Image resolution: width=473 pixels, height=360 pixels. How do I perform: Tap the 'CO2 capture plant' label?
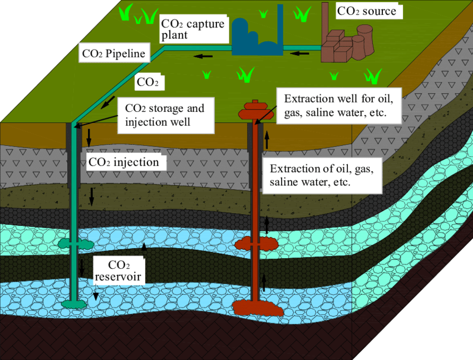(x=193, y=29)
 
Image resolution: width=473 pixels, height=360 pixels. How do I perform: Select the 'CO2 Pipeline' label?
(x=114, y=53)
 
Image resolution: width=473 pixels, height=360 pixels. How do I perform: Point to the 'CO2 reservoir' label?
(x=119, y=271)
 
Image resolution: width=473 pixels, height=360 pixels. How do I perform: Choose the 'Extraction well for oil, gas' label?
(x=339, y=106)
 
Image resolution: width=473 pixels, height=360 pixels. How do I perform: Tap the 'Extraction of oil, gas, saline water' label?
(x=322, y=175)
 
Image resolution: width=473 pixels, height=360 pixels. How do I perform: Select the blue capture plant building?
(x=258, y=39)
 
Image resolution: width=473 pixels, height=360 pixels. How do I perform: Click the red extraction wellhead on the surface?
(x=256, y=110)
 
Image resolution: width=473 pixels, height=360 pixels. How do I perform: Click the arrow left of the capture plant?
(x=203, y=56)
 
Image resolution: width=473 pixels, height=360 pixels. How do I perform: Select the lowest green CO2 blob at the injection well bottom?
(x=74, y=304)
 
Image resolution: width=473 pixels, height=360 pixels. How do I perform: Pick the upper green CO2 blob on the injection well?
(x=76, y=244)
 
